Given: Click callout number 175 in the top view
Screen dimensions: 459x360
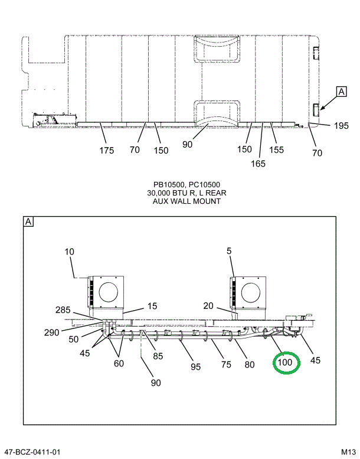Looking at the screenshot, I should (x=106, y=151).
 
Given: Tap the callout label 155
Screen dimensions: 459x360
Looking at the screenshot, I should (x=277, y=150).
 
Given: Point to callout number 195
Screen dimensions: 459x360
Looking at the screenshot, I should (x=341, y=125).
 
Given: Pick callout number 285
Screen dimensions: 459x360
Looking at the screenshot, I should (x=63, y=310).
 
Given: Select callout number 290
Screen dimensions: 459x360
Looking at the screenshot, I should (x=51, y=333).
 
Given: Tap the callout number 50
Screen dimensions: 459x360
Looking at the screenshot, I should (x=73, y=339).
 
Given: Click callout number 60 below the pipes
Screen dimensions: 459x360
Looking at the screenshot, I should (x=119, y=364).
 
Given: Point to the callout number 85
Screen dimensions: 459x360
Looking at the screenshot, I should (x=158, y=356).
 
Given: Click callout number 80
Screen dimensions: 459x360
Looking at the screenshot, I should (x=250, y=364).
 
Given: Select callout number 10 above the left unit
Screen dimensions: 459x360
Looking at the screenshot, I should (x=70, y=252).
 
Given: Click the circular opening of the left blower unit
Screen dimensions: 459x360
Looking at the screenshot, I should (x=108, y=292).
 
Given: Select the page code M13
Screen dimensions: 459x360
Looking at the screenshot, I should (x=348, y=453).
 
